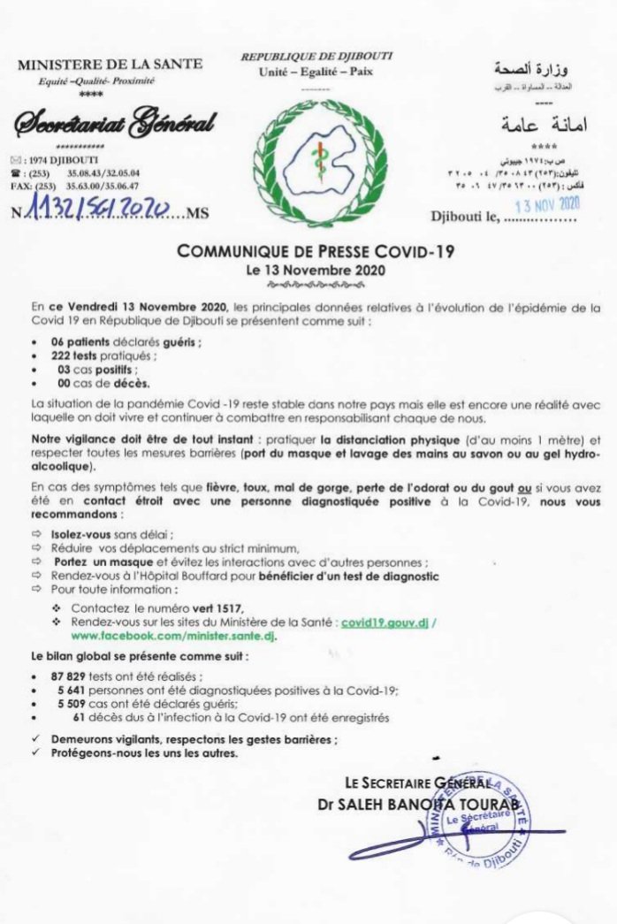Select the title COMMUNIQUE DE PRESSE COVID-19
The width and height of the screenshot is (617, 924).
[316, 251]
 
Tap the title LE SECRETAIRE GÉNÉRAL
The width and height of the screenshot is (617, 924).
[418, 782]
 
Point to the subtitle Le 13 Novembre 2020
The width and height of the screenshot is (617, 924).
[316, 267]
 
